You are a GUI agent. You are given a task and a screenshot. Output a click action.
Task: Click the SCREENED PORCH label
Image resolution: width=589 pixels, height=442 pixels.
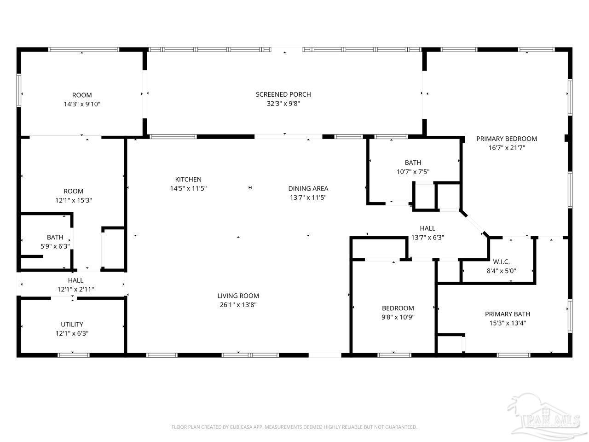283,94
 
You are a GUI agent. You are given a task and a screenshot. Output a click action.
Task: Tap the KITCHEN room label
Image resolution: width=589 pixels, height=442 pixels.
188,179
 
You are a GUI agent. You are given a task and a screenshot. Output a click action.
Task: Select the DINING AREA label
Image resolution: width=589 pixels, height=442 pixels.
308,188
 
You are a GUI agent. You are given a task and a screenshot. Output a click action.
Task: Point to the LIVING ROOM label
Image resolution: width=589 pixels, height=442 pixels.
238,296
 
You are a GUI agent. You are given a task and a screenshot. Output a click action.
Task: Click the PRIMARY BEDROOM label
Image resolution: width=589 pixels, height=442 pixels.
507,139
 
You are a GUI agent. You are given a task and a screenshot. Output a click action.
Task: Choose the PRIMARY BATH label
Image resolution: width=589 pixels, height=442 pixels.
508,314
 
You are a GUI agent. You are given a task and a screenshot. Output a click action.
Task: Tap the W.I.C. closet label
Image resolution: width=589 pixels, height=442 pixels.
501,262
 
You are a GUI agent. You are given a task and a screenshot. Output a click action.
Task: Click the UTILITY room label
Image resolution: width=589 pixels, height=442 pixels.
72,324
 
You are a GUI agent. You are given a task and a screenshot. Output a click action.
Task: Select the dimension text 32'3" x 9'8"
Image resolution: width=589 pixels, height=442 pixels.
283,104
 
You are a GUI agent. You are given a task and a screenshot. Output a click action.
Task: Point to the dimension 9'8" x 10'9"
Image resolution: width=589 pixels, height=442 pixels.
398,317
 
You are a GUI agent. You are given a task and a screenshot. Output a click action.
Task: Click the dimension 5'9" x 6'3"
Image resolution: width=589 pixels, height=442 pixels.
55,246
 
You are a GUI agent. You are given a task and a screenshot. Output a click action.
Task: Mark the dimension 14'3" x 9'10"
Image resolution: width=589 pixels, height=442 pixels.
82,104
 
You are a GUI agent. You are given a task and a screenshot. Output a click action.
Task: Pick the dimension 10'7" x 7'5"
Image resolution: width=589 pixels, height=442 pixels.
413,172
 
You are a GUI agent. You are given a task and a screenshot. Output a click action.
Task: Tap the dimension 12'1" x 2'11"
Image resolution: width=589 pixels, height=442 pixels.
75,289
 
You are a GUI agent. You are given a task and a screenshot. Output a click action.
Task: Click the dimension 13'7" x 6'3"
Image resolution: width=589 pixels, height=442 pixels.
427,238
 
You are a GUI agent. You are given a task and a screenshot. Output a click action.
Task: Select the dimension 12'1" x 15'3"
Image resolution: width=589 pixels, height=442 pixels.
74,200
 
